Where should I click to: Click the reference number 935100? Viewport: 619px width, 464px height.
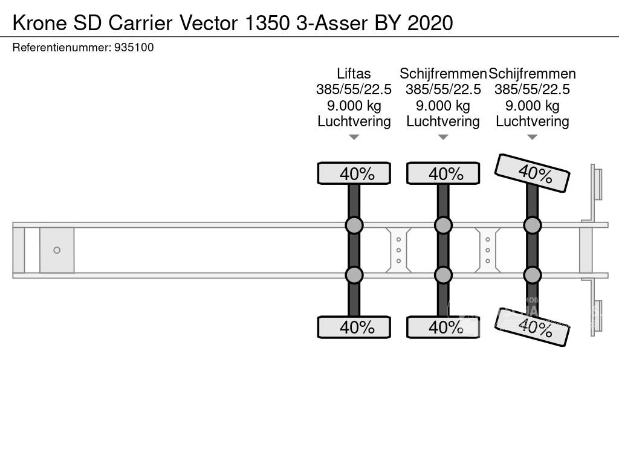(134, 47)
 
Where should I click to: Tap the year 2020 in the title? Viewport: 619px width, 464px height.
(430, 22)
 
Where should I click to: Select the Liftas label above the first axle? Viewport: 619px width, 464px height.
(354, 74)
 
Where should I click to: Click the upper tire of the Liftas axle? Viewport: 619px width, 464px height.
(354, 173)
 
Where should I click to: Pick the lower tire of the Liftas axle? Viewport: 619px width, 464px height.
(354, 327)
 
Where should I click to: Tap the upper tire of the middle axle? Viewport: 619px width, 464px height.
(443, 173)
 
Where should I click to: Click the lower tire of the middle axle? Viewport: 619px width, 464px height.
(443, 327)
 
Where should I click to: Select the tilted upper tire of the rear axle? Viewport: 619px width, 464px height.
(532, 173)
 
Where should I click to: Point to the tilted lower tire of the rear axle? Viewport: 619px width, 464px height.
(532, 327)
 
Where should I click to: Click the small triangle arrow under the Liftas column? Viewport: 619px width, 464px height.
(354, 137)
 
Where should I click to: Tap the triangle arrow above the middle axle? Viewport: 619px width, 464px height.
(443, 137)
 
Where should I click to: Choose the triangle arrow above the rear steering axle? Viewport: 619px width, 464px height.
(532, 137)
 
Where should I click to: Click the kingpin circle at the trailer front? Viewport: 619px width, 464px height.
(57, 250)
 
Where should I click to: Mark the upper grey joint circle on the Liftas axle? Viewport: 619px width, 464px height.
(354, 225)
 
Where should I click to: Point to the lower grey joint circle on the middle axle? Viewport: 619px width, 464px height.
(443, 275)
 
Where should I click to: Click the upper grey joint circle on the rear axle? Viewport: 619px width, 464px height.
(532, 225)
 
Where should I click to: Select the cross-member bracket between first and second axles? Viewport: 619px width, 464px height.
(398, 250)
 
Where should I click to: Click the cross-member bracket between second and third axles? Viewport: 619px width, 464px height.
(487, 250)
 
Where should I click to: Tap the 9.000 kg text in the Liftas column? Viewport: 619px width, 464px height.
(354, 106)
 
